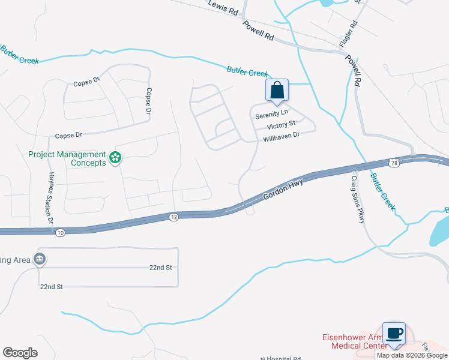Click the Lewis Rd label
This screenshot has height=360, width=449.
tap(223, 7)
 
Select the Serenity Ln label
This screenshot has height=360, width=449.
tap(271, 113)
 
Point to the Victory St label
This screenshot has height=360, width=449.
tap(282, 125)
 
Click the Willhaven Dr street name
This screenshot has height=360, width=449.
tap(281, 137)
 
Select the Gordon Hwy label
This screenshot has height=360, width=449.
tap(282, 189)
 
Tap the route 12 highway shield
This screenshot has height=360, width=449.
tap(173, 216)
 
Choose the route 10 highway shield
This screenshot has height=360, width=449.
tap(59, 232)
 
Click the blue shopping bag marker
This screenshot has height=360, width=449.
tap(277, 91)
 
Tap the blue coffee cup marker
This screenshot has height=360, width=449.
tap(394, 333)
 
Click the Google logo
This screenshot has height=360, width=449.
tap(19, 352)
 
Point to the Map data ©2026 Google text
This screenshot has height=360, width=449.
tap(412, 355)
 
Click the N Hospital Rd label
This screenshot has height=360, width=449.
tap(280, 358)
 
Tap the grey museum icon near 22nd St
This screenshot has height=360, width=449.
tap(40, 259)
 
